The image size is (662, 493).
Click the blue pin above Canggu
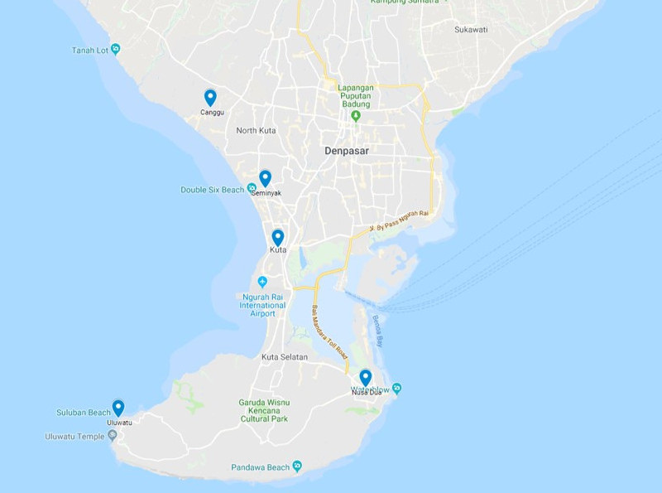tap(210, 98)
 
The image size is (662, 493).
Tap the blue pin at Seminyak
tap(265, 178)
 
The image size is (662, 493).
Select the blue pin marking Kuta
tap(278, 238)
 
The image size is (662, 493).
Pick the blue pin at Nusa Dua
tap(366, 378)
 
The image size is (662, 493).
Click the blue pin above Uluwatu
tap(118, 408)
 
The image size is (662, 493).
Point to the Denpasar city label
tap(346, 152)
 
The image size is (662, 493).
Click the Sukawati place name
tap(471, 29)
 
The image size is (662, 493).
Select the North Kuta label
tap(256, 131)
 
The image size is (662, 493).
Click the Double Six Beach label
tap(213, 190)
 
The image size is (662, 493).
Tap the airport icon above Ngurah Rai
tap(263, 280)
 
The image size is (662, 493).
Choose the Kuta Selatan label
tap(285, 357)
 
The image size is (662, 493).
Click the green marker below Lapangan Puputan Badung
tap(356, 116)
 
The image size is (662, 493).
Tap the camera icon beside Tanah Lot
tap(116, 49)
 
